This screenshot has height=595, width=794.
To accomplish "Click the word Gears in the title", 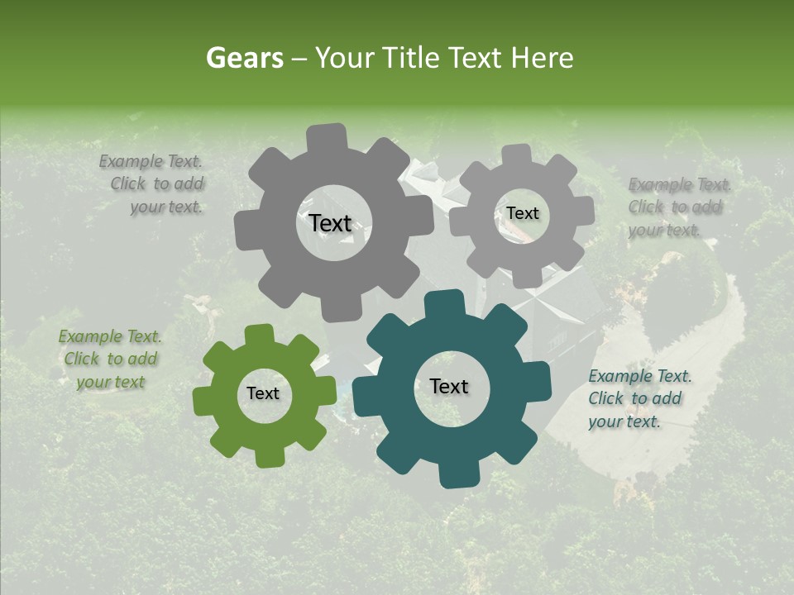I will point(242,58).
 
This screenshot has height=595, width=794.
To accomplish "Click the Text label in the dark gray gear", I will point(330,223).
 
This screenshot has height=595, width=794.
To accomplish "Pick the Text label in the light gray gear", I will point(522,213).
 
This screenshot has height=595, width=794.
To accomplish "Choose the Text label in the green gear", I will point(263,393).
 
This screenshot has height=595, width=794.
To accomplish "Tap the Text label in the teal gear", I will point(449,386).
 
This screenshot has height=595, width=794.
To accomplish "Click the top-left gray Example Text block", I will point(154,184).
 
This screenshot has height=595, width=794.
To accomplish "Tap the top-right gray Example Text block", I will point(678,207).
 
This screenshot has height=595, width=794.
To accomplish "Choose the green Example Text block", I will point(110,359).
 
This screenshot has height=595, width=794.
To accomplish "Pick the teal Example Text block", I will point(639,399).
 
